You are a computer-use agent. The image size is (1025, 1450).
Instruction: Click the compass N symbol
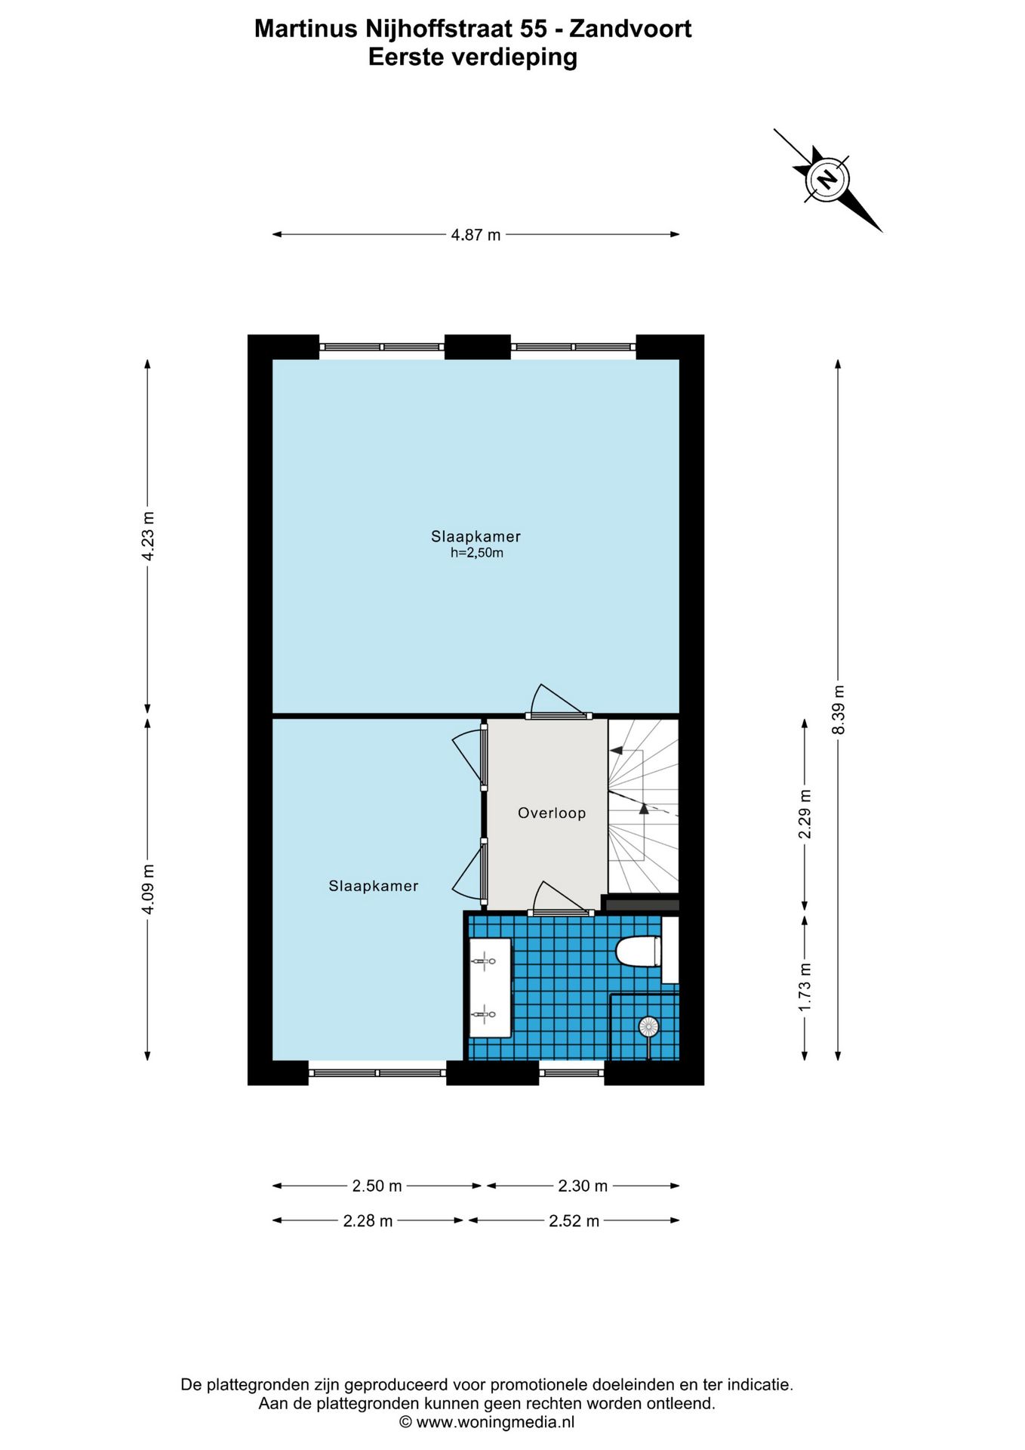[827, 180]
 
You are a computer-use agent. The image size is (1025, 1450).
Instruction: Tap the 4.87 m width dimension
[476, 235]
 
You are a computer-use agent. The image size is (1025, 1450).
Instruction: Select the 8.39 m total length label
[839, 709]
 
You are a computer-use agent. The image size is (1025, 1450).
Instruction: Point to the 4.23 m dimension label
[148, 535]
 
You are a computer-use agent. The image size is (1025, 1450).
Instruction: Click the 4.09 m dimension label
[148, 889]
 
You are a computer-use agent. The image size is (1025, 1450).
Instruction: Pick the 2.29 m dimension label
[805, 813]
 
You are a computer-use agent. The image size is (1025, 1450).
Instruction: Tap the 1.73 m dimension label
[805, 987]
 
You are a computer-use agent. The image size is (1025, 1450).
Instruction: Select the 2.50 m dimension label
[377, 1186]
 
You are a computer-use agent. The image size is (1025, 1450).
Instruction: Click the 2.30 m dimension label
[583, 1186]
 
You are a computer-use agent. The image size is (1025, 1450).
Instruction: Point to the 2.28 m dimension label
[368, 1221]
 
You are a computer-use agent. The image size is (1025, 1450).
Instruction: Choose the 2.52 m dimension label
[574, 1221]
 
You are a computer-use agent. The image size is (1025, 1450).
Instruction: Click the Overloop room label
[551, 813]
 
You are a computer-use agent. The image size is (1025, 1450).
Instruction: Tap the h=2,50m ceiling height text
[476, 553]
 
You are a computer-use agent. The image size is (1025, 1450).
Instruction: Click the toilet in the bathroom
[639, 951]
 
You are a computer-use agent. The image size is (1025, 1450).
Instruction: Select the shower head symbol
[648, 1026]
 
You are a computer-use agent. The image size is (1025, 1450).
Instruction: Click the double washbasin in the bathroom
[490, 987]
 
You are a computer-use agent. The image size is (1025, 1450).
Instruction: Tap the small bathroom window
[571, 1072]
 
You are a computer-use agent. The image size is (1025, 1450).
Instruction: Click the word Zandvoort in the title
[630, 29]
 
